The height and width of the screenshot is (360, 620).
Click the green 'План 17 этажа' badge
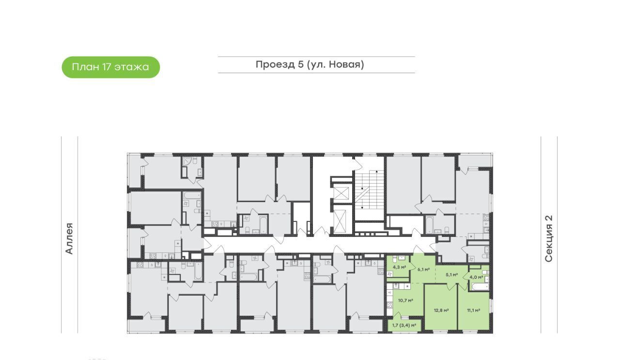(111, 67)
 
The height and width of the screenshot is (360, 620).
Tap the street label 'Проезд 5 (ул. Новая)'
(310, 64)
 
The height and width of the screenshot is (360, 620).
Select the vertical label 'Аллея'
(69, 238)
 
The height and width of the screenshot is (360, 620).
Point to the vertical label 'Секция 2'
(549, 238)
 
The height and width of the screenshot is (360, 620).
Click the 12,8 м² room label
(441, 311)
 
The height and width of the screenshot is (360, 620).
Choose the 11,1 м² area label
(474, 311)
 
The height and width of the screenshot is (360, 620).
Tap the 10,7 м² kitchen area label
(406, 300)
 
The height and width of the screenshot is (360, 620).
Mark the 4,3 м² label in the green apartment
(400, 267)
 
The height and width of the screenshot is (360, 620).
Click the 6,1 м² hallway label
(424, 269)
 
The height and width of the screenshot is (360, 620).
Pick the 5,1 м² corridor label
(452, 275)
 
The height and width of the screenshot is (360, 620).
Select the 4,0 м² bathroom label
(477, 277)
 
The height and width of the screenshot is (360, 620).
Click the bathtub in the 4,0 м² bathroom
(480, 287)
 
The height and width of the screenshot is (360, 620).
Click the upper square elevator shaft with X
(341, 193)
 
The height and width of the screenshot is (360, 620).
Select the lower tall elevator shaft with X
(340, 221)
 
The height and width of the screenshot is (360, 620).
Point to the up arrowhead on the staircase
(377, 172)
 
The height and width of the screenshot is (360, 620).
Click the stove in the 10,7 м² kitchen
(390, 305)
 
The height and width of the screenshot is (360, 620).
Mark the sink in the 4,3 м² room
(402, 258)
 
